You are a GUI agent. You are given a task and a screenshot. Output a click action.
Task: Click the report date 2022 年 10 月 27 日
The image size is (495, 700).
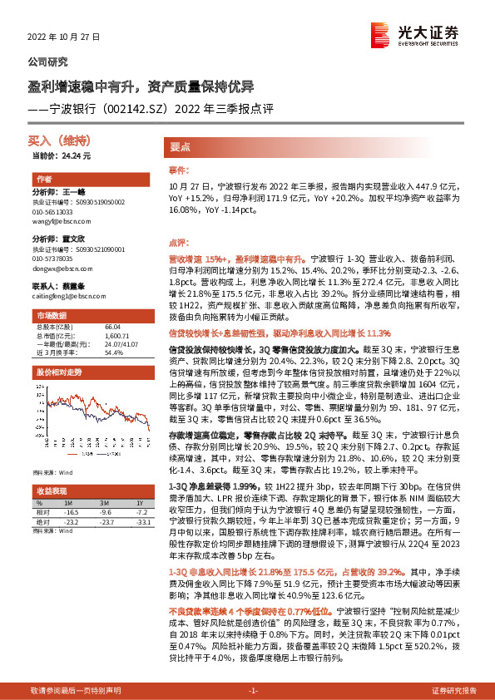pos(63,38)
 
